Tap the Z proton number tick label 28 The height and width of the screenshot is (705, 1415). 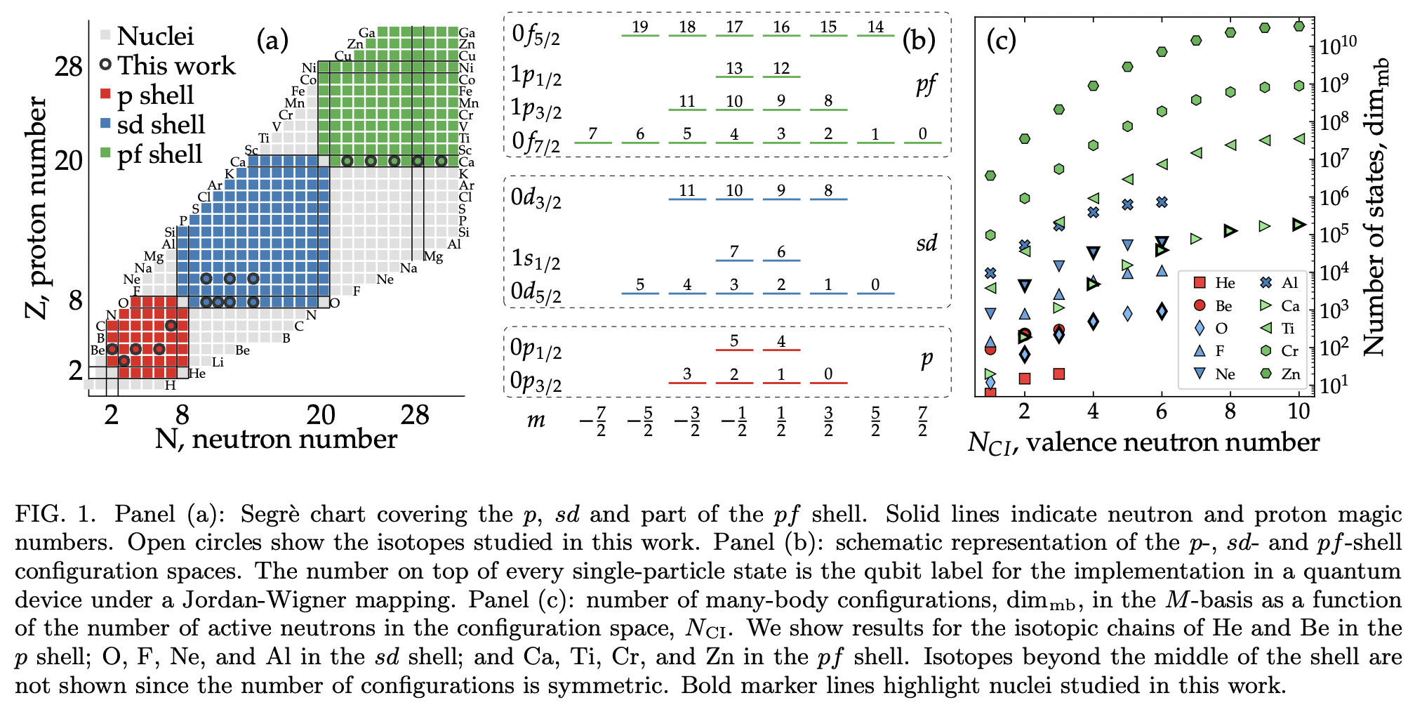pyautogui.click(x=69, y=67)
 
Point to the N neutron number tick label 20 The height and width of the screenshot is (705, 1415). pyautogui.click(x=321, y=415)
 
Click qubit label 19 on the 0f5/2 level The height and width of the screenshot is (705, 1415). pyautogui.click(x=639, y=27)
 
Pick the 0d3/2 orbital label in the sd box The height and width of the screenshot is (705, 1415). pyautogui.click(x=536, y=199)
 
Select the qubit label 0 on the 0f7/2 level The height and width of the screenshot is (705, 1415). pyautogui.click(x=922, y=133)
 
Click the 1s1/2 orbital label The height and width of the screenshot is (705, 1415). pyautogui.click(x=536, y=259)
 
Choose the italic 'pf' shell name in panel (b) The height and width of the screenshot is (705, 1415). pyautogui.click(x=926, y=85)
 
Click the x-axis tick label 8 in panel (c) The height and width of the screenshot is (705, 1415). pyautogui.click(x=1230, y=411)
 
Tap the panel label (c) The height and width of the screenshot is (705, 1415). pyautogui.click(x=1001, y=40)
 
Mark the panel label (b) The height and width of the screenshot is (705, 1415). pyautogui.click(x=919, y=40)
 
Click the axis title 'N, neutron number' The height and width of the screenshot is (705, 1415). pyautogui.click(x=276, y=440)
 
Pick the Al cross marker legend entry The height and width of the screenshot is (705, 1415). pyautogui.click(x=1281, y=283)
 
